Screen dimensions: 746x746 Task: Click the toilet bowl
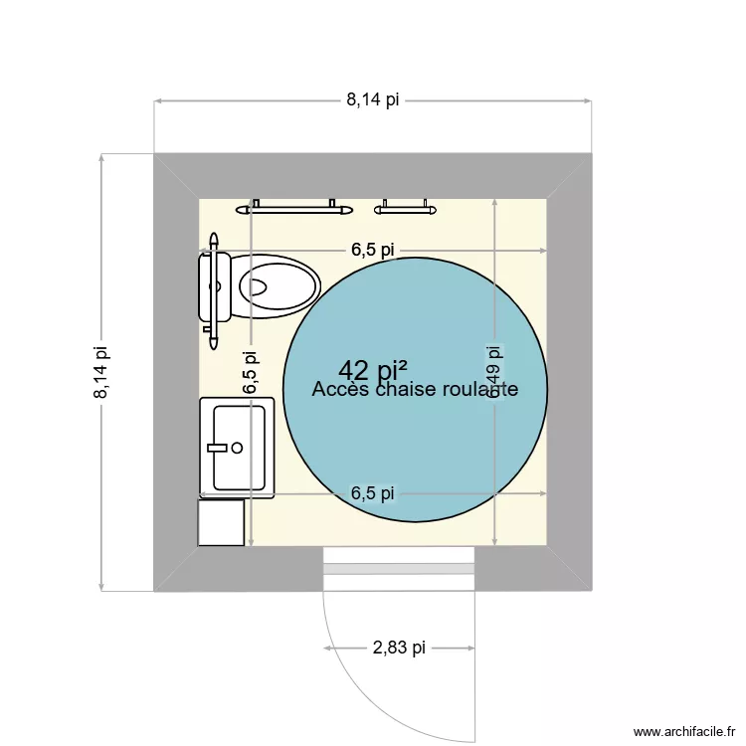[279, 286]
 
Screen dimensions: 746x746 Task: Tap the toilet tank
[217, 286]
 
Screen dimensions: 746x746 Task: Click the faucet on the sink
[221, 448]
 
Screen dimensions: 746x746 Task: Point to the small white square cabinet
[221, 522]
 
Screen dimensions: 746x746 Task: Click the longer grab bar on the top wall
[294, 209]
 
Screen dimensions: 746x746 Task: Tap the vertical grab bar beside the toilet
[213, 291]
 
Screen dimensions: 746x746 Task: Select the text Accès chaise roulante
[415, 390]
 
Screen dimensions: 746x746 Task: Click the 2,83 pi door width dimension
[399, 649]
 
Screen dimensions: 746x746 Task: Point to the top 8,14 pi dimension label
[373, 99]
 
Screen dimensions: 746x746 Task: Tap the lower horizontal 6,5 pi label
[373, 492]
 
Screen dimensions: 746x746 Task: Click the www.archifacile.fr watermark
[681, 731]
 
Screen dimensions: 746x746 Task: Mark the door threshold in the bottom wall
[399, 569]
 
